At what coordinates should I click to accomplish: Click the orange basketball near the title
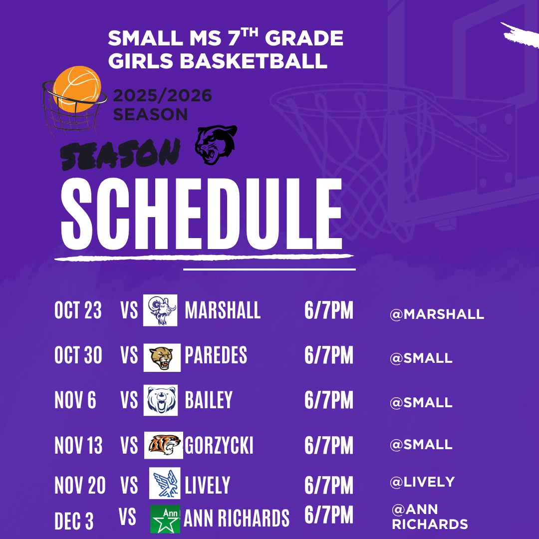(77, 89)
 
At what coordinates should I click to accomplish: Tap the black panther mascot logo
(216, 144)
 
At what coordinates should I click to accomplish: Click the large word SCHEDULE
(202, 214)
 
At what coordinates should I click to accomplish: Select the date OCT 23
(78, 310)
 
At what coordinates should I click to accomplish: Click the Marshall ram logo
(160, 310)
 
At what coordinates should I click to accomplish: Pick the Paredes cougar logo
(162, 357)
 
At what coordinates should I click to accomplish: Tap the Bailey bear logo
(161, 400)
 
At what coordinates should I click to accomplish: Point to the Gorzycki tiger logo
(164, 445)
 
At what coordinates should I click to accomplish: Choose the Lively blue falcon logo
(165, 483)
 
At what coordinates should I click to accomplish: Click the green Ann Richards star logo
(165, 519)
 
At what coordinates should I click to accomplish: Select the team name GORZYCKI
(219, 446)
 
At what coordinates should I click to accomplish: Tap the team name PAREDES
(216, 355)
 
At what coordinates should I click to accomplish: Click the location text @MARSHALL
(437, 314)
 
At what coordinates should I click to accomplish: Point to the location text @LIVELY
(423, 482)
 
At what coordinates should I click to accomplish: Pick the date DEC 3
(74, 521)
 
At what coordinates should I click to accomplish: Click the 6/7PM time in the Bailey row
(328, 400)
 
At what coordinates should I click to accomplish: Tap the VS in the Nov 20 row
(129, 486)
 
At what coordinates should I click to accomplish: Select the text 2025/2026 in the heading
(162, 95)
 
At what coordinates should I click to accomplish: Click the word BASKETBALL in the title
(254, 61)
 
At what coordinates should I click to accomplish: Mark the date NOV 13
(78, 446)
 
